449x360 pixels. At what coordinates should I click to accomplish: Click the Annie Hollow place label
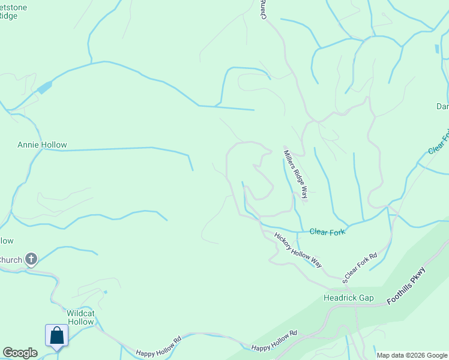click(x=42, y=145)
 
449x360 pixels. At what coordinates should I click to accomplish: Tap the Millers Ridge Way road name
click(x=296, y=174)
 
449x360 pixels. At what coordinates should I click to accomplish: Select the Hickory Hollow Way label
click(x=298, y=251)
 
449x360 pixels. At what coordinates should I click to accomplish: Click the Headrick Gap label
click(x=348, y=298)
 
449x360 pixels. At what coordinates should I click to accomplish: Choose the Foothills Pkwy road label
click(x=414, y=284)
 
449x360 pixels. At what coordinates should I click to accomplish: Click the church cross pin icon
click(x=31, y=259)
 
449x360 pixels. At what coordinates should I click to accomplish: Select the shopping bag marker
click(x=56, y=335)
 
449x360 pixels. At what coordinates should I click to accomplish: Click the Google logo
click(x=20, y=353)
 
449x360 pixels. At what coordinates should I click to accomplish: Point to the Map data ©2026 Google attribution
click(x=412, y=355)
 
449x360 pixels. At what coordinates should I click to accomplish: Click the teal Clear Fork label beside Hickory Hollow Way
click(x=327, y=232)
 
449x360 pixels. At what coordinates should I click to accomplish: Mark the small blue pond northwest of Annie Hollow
click(x=44, y=88)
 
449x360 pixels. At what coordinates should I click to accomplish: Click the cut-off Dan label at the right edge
click(x=442, y=107)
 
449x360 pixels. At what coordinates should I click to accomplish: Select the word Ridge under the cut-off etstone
click(x=8, y=16)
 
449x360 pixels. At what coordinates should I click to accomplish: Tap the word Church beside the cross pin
click(x=11, y=260)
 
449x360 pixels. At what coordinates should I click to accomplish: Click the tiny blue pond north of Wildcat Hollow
click(x=105, y=292)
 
